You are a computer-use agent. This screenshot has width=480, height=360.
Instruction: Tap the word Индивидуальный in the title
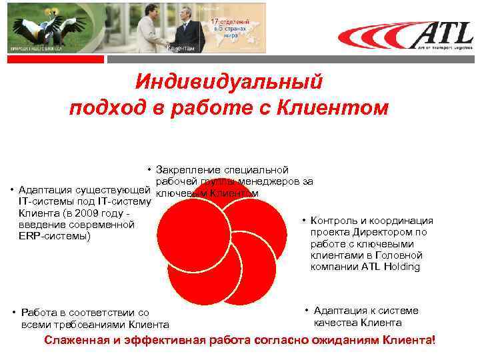coord(229,81)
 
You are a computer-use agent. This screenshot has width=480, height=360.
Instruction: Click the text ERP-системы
coord(54,236)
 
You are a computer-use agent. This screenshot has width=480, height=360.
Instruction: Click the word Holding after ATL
coord(401,267)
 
